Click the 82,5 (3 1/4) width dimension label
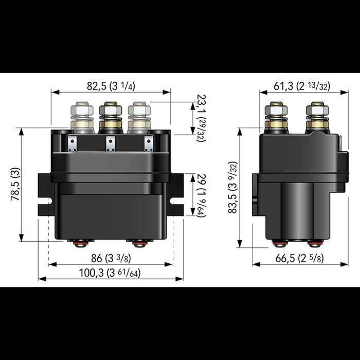click(111, 86)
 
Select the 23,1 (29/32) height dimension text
click(198, 117)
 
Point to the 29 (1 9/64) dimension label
click(200, 195)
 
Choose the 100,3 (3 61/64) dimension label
click(111, 273)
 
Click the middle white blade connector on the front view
click(111, 143)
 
